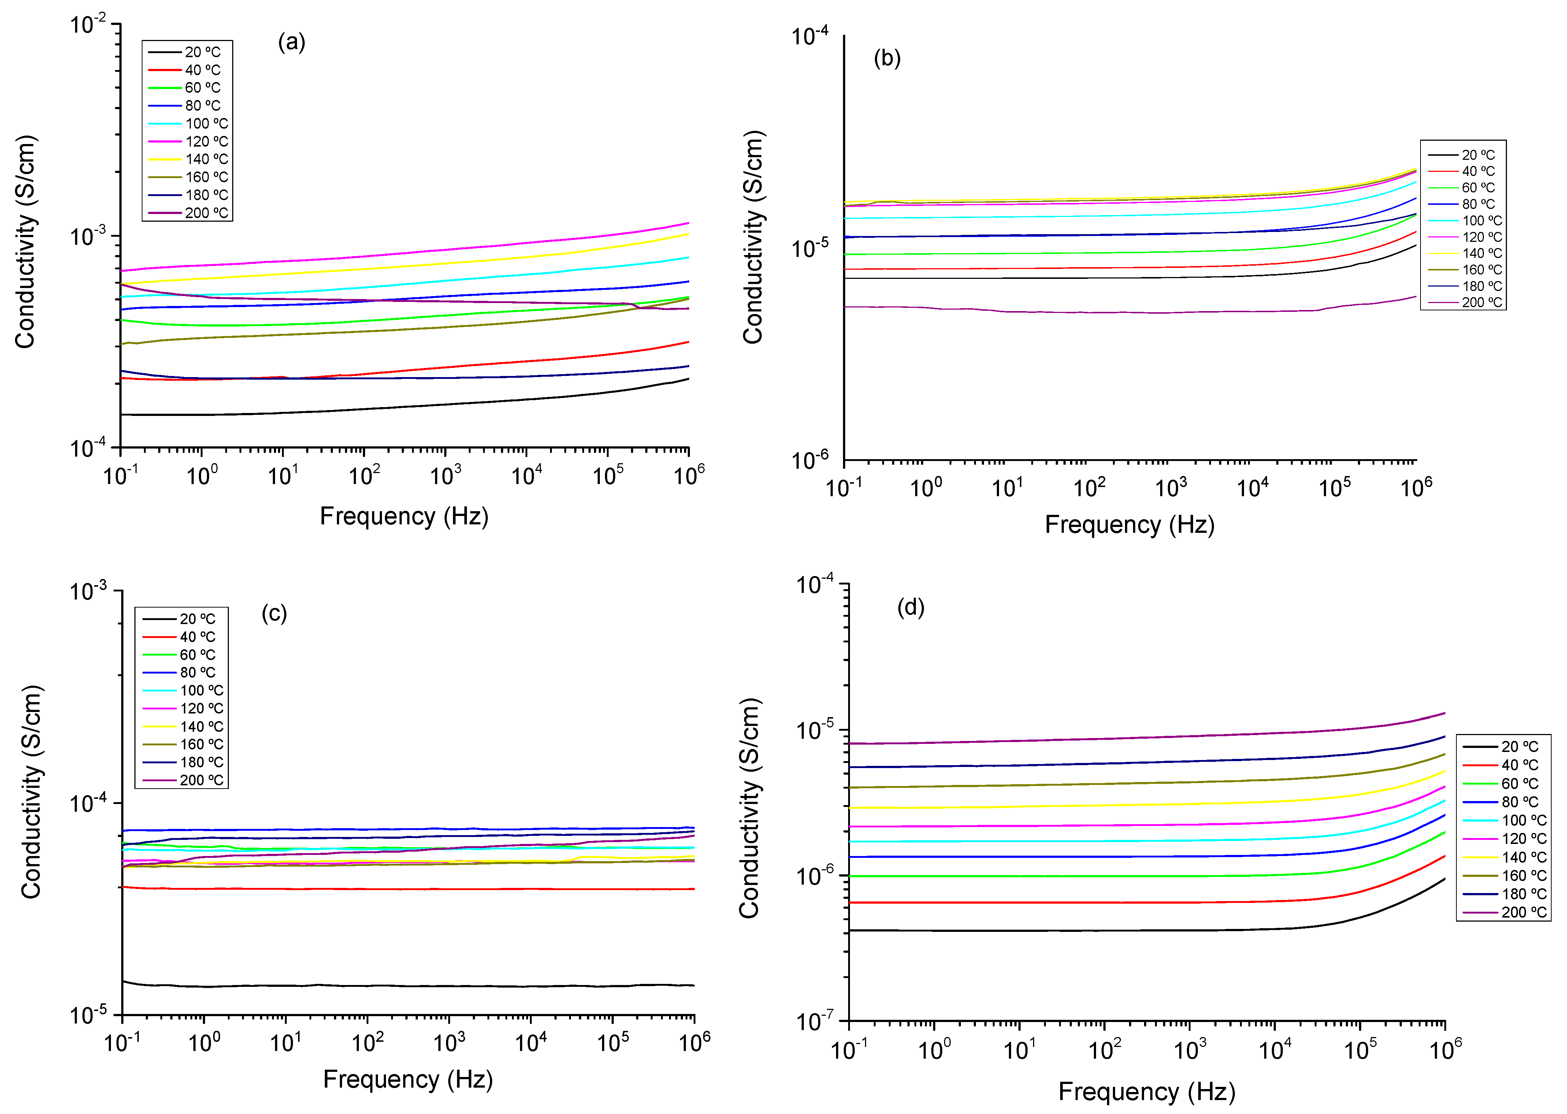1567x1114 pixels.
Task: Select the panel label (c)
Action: [x=274, y=613]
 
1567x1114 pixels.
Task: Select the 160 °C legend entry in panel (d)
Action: [x=1523, y=875]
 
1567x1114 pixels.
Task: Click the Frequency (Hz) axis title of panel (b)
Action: [x=1129, y=525]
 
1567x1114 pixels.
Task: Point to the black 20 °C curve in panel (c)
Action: [x=411, y=986]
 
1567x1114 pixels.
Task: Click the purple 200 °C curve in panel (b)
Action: [x=1097, y=312]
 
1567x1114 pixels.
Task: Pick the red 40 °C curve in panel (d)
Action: [x=1097, y=902]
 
